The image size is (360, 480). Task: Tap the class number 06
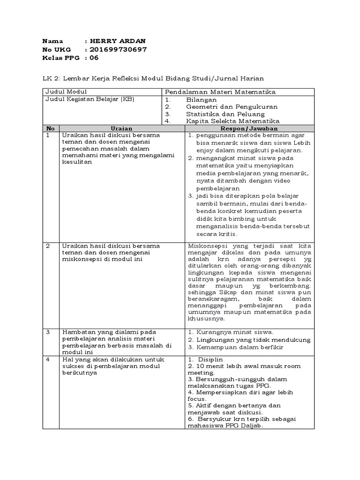94,58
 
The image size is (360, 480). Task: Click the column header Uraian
121,128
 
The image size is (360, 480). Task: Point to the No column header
51,128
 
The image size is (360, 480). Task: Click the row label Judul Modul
66,91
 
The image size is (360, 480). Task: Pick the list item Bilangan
201,100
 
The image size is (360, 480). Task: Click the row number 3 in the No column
48,332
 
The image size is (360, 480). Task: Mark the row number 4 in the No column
48,359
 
